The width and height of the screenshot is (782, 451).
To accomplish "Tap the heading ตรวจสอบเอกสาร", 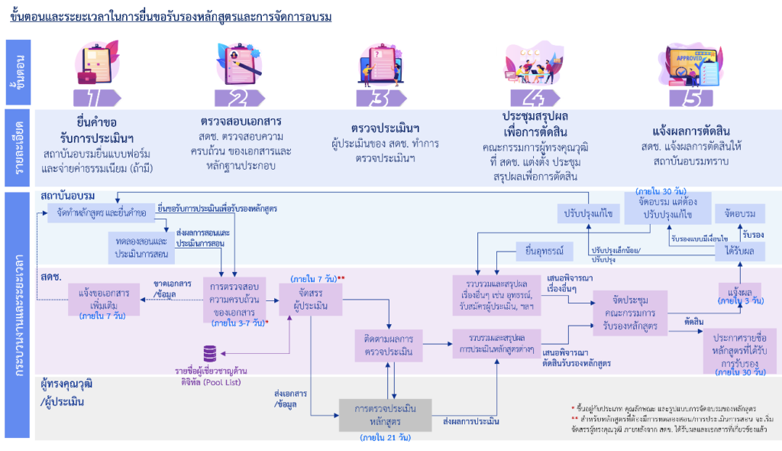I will (241, 122).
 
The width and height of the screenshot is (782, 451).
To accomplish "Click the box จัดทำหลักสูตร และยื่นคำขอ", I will (96, 213).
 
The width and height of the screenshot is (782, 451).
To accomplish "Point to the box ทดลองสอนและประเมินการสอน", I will (141, 246).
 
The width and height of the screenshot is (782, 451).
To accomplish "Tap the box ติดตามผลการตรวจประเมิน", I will (389, 345).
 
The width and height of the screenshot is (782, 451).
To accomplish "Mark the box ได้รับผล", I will (740, 251).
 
